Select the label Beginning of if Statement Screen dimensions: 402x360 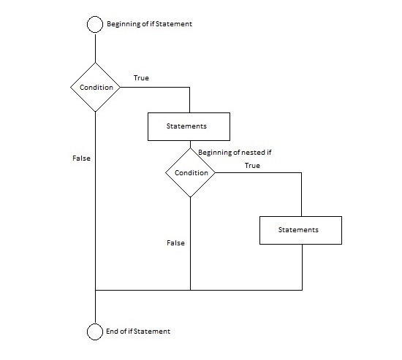tap(149, 24)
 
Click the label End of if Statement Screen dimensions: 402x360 tap(138, 332)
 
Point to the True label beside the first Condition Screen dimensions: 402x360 tap(141, 78)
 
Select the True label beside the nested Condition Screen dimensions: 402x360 tap(253, 166)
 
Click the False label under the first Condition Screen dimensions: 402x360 tap(82, 158)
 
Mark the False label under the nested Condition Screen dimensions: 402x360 tap(176, 242)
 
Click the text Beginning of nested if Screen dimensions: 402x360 tap(235, 153)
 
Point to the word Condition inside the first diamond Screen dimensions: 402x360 tap(96, 88)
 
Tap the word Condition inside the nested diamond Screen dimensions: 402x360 tap(191, 172)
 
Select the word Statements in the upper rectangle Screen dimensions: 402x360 tap(186, 126)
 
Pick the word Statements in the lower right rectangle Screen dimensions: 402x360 tap(298, 230)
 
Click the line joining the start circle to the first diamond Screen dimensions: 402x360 tap(95, 48)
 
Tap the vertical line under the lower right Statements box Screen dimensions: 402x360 tap(303, 267)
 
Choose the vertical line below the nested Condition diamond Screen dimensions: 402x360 tap(191, 244)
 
